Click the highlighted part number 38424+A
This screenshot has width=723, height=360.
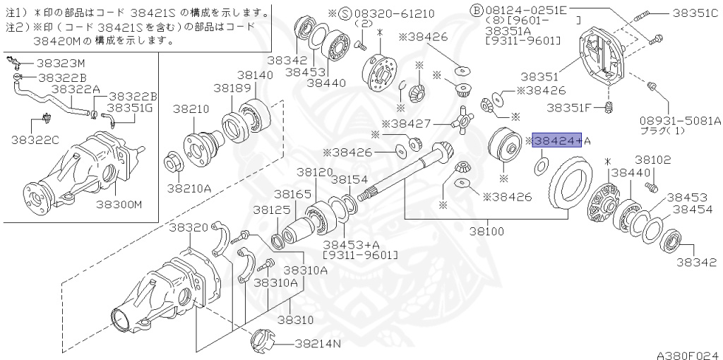click(x=557, y=141)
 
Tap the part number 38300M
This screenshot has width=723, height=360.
click(x=119, y=205)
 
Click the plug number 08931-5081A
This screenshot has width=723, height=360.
click(x=680, y=120)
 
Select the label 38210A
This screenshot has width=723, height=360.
click(x=189, y=188)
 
